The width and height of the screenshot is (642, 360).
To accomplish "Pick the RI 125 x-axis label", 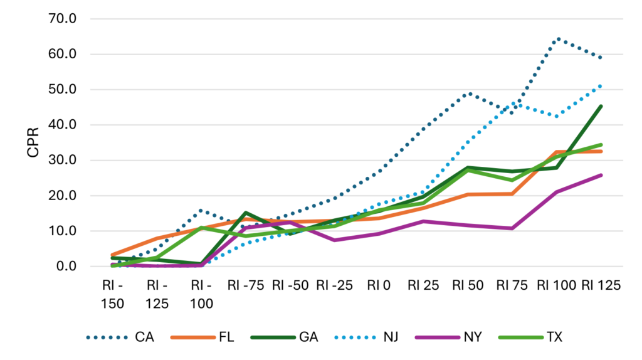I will pyautogui.click(x=600, y=285).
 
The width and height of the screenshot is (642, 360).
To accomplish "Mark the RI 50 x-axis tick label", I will pyautogui.click(x=467, y=285).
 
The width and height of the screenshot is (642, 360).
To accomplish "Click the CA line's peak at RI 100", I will pyautogui.click(x=556, y=39).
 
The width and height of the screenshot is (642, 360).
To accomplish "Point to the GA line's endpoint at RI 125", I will pyautogui.click(x=601, y=106).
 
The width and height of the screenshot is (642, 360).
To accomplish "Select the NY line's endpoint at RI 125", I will pyautogui.click(x=601, y=175).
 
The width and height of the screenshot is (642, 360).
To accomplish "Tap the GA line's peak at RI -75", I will pyautogui.click(x=245, y=213).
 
